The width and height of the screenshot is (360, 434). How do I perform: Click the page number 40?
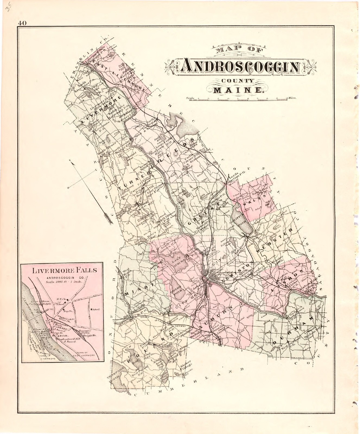[x=22, y=23]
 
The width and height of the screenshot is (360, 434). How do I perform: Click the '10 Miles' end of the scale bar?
[x=291, y=97]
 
